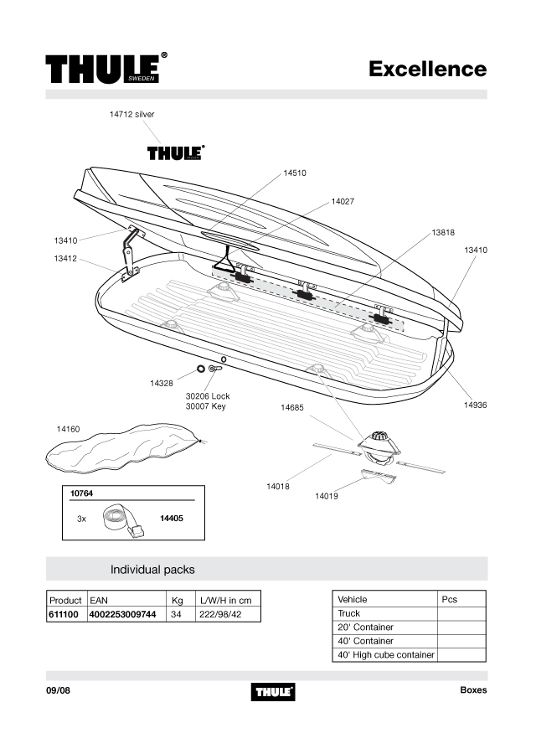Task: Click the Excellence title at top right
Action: [x=427, y=69]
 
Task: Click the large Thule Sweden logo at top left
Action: [x=106, y=68]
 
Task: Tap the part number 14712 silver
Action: [x=131, y=115]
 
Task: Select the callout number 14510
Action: [x=294, y=173]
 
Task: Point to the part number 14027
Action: [x=343, y=201]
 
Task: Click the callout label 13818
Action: [x=443, y=233]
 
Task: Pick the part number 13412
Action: [x=65, y=259]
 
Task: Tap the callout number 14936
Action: [x=475, y=405]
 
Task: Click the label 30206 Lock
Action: [x=208, y=396]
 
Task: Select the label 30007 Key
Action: [x=206, y=406]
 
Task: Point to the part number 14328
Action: [x=162, y=383]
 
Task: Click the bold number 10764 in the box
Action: [x=82, y=493]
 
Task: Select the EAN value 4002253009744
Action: [x=122, y=615]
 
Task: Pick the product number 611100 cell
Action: [x=64, y=615]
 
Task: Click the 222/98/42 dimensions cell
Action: [x=220, y=615]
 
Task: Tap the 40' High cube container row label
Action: [x=385, y=655]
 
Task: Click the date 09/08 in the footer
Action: [x=58, y=690]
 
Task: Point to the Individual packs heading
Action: [x=152, y=570]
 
